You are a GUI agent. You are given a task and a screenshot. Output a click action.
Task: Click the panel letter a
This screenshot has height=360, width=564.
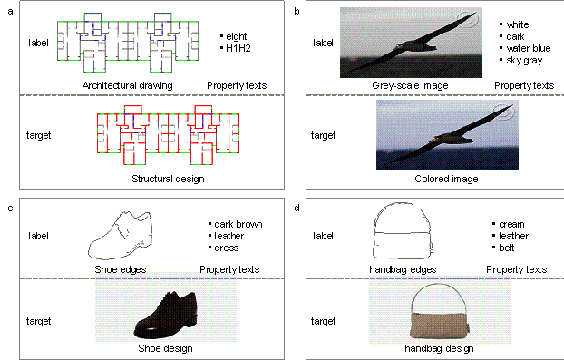point(11,12)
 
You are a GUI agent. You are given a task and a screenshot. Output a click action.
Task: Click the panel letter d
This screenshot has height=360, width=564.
point(297,208)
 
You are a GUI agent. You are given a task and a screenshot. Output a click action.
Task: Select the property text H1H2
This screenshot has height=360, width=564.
point(238,48)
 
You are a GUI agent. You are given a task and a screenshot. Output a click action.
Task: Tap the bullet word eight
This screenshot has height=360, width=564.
point(237,36)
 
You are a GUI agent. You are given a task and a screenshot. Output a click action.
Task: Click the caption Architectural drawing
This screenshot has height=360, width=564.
point(127,85)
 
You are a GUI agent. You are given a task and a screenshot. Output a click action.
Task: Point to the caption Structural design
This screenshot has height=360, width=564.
point(168,179)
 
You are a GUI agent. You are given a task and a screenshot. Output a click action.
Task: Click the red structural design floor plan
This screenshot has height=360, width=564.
point(169,135)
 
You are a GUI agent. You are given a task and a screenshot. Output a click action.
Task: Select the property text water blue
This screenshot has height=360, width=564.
point(529,48)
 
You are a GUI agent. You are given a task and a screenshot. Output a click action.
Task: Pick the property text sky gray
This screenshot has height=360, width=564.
point(524,61)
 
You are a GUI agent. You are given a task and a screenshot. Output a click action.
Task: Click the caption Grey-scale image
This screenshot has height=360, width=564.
point(410,85)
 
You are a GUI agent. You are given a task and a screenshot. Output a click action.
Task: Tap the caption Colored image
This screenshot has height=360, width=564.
point(446,179)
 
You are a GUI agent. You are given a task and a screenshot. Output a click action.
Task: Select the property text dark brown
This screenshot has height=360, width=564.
point(238,224)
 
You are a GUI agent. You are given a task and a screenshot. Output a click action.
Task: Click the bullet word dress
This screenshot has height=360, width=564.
point(227,248)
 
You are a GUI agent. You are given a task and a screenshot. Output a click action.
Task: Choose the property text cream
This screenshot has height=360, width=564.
point(511,224)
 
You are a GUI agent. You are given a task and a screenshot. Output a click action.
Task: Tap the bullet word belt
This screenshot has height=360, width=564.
point(507,248)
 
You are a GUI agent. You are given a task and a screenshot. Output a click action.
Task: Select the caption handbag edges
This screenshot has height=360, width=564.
point(403,269)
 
